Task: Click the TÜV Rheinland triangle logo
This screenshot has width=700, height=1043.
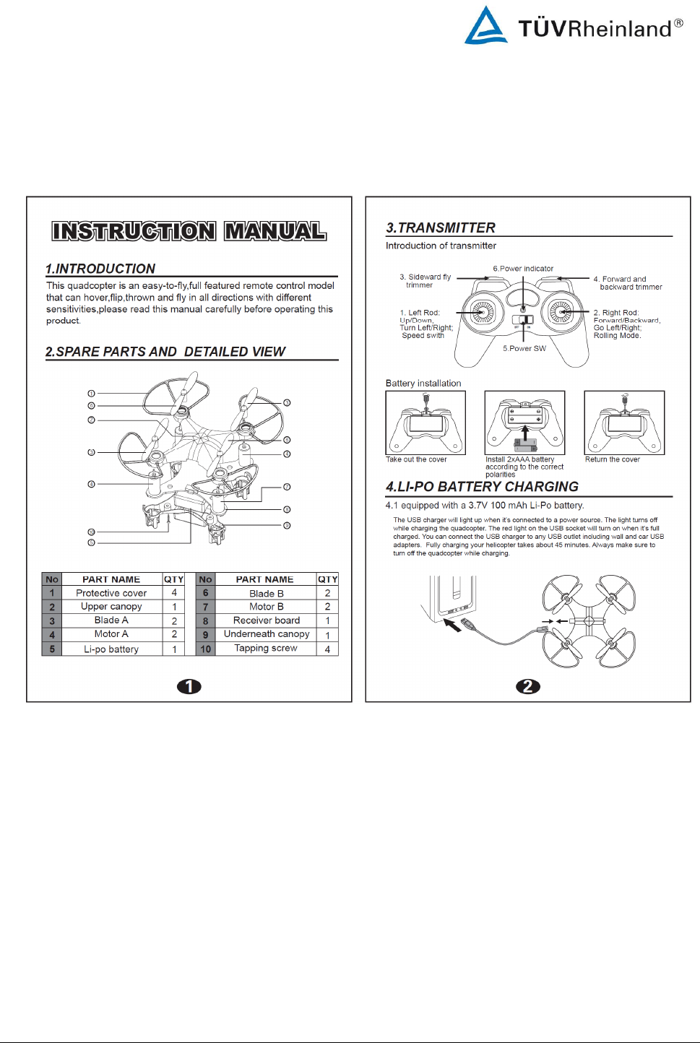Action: click(485, 26)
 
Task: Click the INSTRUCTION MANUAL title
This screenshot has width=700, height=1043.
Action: click(189, 231)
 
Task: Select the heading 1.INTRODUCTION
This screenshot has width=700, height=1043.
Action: click(100, 269)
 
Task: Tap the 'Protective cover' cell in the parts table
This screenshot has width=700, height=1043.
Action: click(111, 593)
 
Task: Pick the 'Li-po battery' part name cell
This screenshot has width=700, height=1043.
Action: click(111, 649)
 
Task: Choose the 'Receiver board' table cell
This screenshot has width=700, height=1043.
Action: click(266, 620)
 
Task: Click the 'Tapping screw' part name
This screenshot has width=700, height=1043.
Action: click(266, 649)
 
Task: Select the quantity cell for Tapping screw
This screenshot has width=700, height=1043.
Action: click(327, 649)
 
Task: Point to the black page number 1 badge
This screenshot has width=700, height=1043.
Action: click(189, 686)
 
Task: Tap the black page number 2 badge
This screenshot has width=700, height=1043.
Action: click(528, 686)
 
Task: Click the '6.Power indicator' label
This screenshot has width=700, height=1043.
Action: click(523, 269)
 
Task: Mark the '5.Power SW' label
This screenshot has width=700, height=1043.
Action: click(524, 348)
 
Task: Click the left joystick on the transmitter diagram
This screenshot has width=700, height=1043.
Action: click(483, 312)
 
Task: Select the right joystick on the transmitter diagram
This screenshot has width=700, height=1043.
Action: click(561, 312)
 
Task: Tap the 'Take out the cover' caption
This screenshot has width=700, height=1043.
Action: click(416, 459)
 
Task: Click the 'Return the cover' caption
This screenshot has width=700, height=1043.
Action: click(613, 459)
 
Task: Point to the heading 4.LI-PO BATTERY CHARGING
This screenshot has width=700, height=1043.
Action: click(482, 487)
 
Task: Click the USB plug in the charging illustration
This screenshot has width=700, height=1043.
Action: click(465, 624)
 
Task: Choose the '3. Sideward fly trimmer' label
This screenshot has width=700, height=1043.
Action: click(425, 281)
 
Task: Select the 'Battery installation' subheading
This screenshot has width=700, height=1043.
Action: click(423, 384)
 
